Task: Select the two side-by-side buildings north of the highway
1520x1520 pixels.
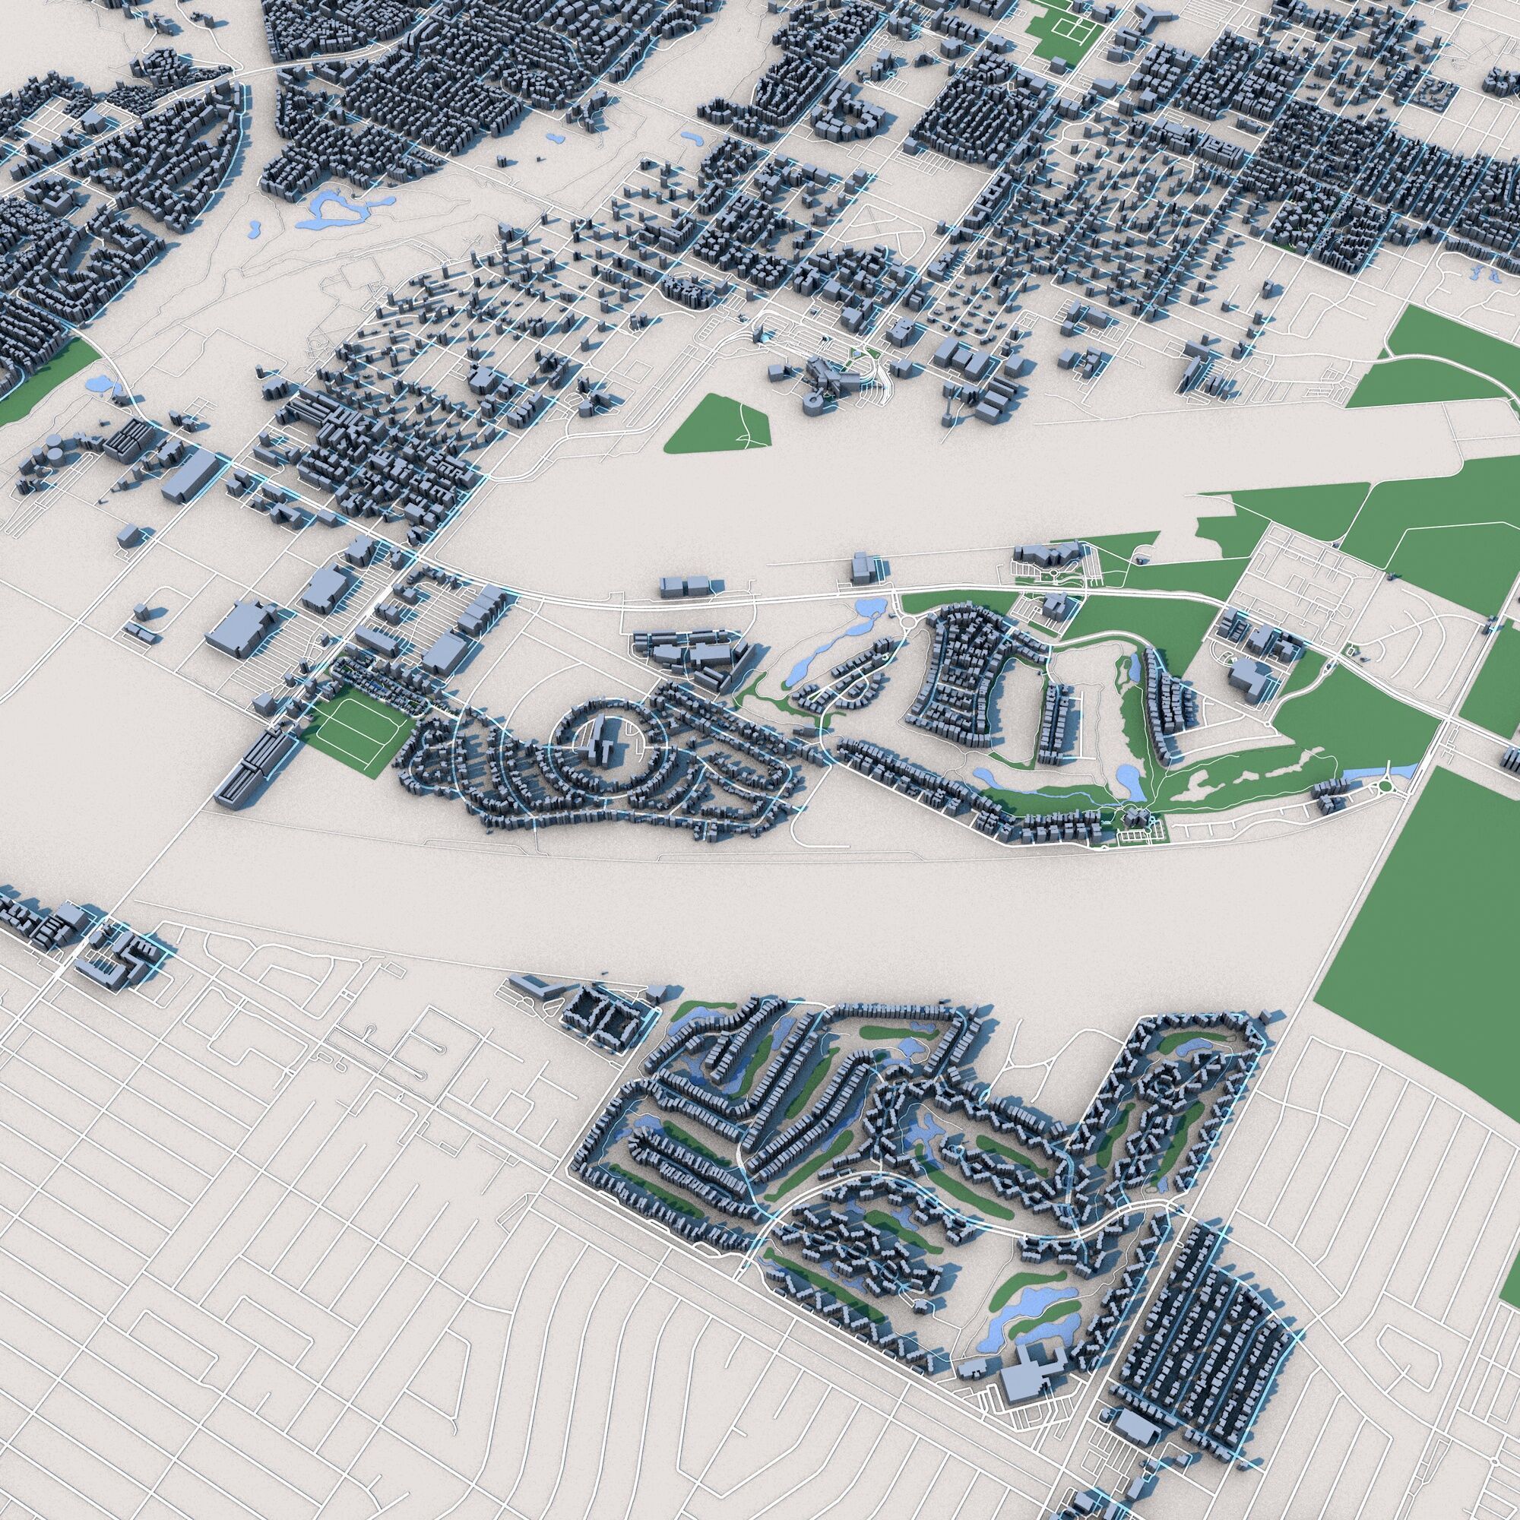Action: click(x=684, y=586)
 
